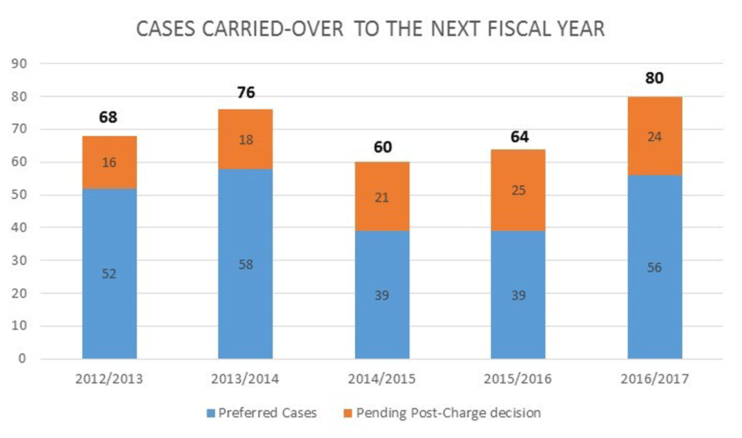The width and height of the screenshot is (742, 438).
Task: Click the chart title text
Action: coord(370,29)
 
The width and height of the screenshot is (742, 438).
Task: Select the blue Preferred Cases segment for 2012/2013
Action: coord(109,273)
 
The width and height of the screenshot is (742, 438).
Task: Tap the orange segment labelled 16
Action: coord(109,162)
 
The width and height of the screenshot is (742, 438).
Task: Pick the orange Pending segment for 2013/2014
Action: coord(245,139)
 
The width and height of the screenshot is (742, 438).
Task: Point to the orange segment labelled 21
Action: coord(382,196)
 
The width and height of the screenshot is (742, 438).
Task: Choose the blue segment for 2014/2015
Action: coord(382,295)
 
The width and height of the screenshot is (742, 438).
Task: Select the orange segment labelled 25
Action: coord(518,190)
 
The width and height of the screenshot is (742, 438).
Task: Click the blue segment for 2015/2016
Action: coord(518,295)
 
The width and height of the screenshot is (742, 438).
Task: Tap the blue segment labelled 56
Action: coord(655,267)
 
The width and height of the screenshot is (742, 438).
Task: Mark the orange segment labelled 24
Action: coord(655,136)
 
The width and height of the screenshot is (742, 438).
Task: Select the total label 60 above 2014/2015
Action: coord(382,147)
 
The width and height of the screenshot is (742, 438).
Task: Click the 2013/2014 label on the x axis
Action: coord(245,379)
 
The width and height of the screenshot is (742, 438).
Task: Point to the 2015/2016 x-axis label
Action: coord(518,379)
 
